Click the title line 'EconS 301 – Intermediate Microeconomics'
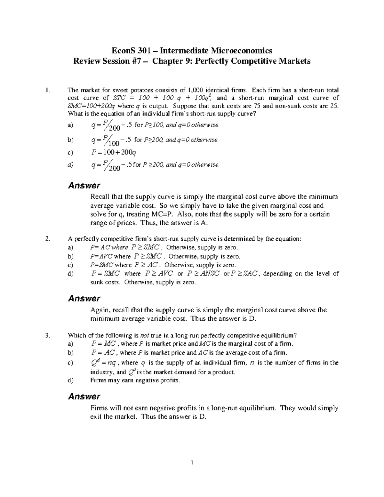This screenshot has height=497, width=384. tap(192, 51)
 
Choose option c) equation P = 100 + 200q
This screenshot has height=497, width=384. tap(114, 152)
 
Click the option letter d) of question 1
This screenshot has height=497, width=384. tap(70, 165)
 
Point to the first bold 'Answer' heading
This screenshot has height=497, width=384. tap(84, 185)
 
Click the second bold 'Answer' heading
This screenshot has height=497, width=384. tap(84, 299)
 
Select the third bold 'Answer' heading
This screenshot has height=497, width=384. tap(84, 397)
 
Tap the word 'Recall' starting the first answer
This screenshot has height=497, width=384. tap(100, 196)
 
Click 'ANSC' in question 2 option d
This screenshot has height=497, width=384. tap(210, 274)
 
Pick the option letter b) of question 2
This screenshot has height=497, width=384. tap(70, 256)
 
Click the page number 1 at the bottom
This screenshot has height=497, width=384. tap(192, 462)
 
